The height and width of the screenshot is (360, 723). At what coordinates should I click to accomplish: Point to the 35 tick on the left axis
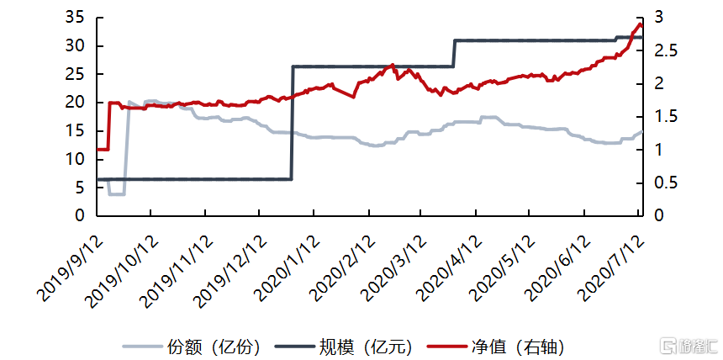pos(75,18)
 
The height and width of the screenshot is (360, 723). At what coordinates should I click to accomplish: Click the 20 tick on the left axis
pos(75,103)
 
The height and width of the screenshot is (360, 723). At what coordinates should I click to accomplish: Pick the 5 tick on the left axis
pos(80,188)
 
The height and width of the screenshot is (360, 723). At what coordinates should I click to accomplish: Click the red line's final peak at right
pos(639,24)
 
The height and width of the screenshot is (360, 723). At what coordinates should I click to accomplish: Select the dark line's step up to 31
pos(454,52)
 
